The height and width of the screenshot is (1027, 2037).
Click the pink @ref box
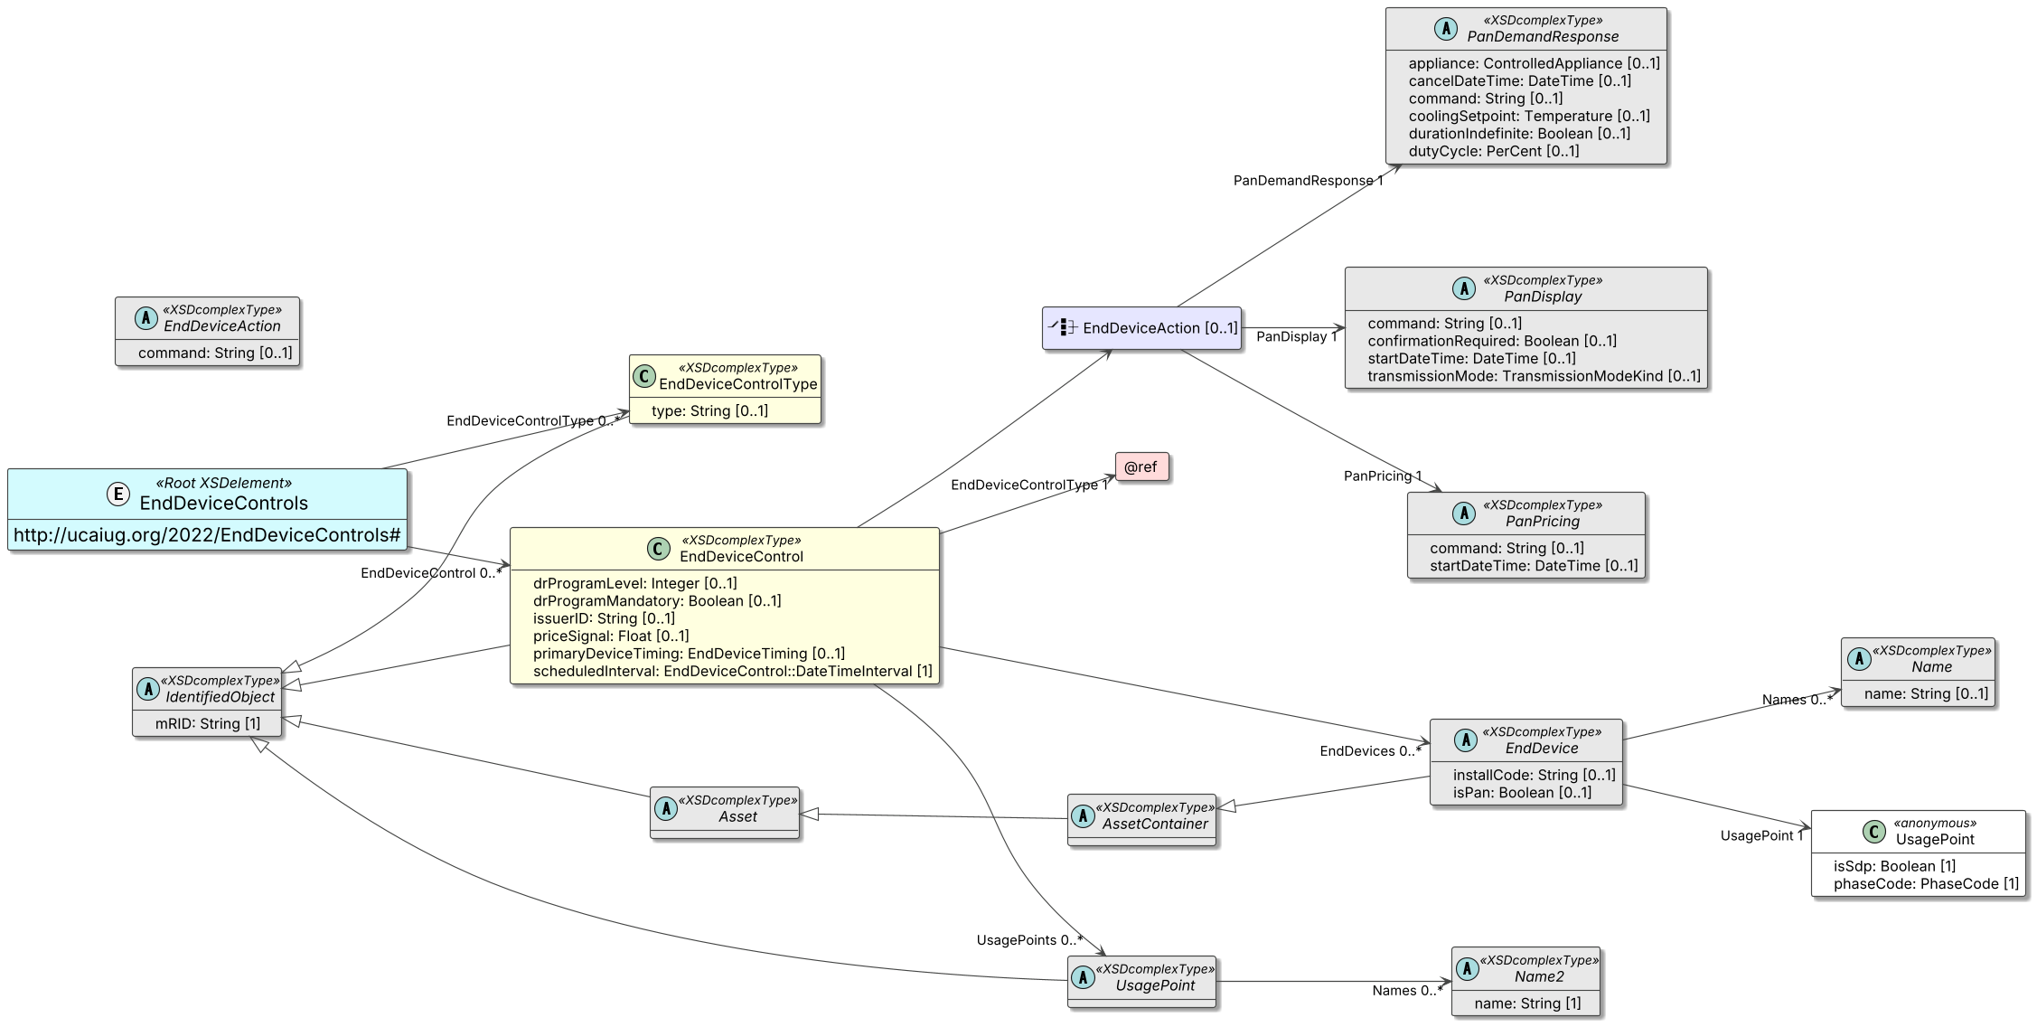point(1141,466)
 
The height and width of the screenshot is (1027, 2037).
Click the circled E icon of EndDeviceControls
point(118,494)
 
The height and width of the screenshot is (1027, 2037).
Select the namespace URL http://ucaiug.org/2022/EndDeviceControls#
point(207,535)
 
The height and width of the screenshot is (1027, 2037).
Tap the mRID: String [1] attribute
point(208,723)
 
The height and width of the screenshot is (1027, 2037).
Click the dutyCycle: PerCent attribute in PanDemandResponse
point(1494,151)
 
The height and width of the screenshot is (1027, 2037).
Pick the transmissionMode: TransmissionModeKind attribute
point(1534,376)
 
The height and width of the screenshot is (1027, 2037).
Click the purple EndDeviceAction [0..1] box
point(1141,328)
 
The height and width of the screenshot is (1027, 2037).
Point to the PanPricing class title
point(1543,522)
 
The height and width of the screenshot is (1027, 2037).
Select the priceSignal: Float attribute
point(611,636)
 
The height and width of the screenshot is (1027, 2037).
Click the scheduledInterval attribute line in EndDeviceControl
point(733,671)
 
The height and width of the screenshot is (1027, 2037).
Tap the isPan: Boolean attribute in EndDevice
point(1522,793)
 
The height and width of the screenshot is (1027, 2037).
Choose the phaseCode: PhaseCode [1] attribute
point(1926,883)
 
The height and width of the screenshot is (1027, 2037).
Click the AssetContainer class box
point(1141,820)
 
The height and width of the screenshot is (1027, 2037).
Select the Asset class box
point(725,813)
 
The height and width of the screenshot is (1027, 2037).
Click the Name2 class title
point(1539,976)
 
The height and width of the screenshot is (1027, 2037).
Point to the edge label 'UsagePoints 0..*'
point(1029,940)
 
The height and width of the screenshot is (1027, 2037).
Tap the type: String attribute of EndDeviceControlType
point(709,410)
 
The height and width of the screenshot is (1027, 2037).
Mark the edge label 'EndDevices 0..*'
point(1370,751)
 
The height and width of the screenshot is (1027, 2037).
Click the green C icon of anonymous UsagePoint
point(1874,832)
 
